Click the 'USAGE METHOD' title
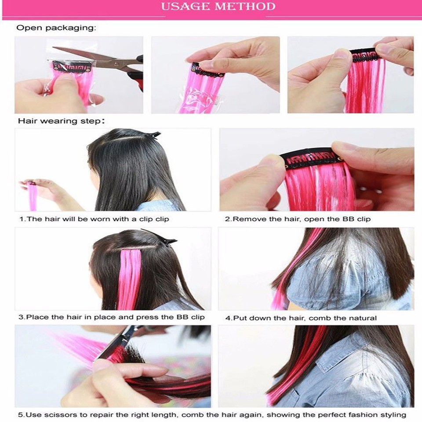pos(218,7)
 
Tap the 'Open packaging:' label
pos(56,28)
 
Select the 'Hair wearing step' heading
pos(61,120)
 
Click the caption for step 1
pos(94,218)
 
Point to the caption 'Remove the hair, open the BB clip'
pos(298,218)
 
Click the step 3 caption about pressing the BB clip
pos(111,317)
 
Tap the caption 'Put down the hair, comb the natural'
pos(301,318)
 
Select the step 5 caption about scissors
pos(211,415)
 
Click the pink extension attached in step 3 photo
pos(129,277)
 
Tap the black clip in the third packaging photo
pos(363,56)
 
